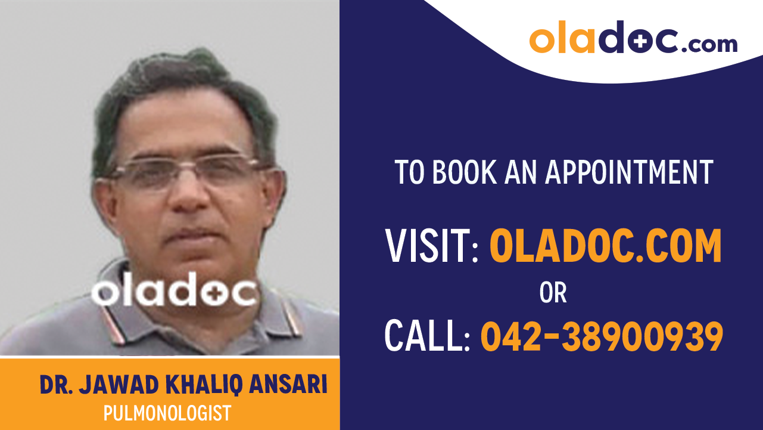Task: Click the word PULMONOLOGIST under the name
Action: [x=167, y=413]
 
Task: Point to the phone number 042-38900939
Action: [x=602, y=336]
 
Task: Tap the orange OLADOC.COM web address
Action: [x=605, y=246]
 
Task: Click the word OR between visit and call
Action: [x=553, y=293]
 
